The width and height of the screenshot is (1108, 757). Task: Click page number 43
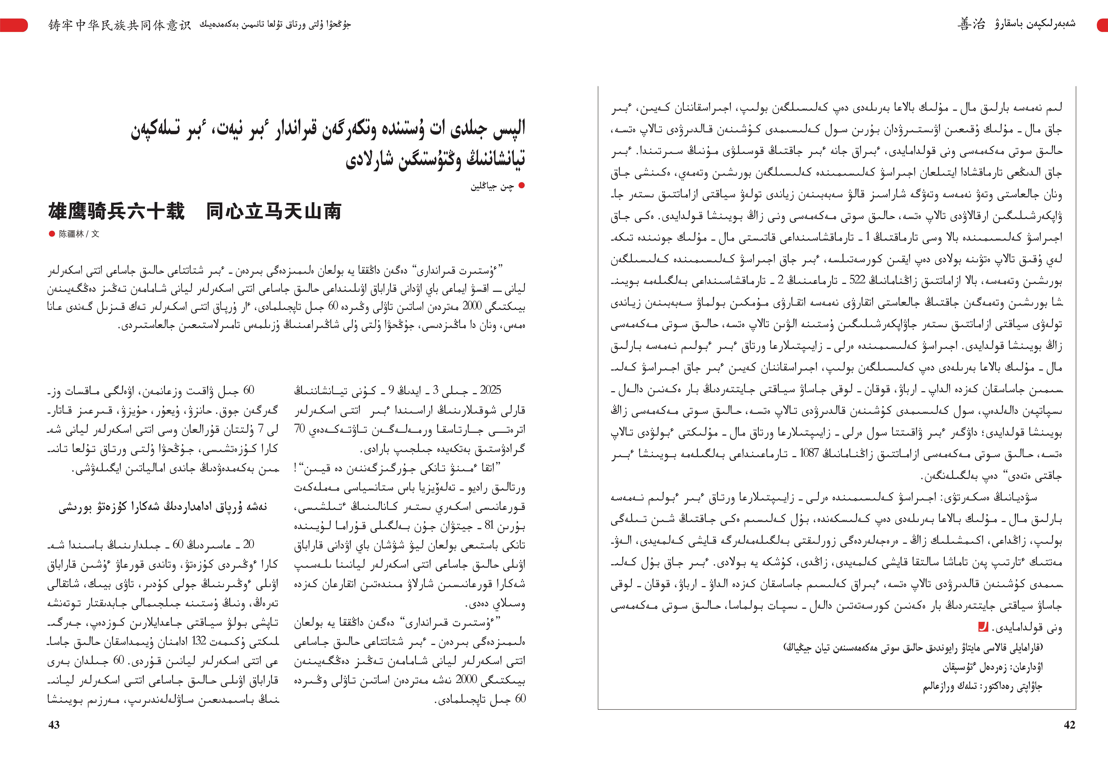click(x=54, y=724)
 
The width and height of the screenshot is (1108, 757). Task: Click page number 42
click(x=1069, y=724)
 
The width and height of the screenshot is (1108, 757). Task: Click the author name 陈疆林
click(x=71, y=234)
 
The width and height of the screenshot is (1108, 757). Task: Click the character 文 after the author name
click(x=95, y=234)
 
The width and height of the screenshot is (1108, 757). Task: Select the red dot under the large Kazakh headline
click(x=521, y=185)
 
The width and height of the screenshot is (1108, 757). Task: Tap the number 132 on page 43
click(x=198, y=641)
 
